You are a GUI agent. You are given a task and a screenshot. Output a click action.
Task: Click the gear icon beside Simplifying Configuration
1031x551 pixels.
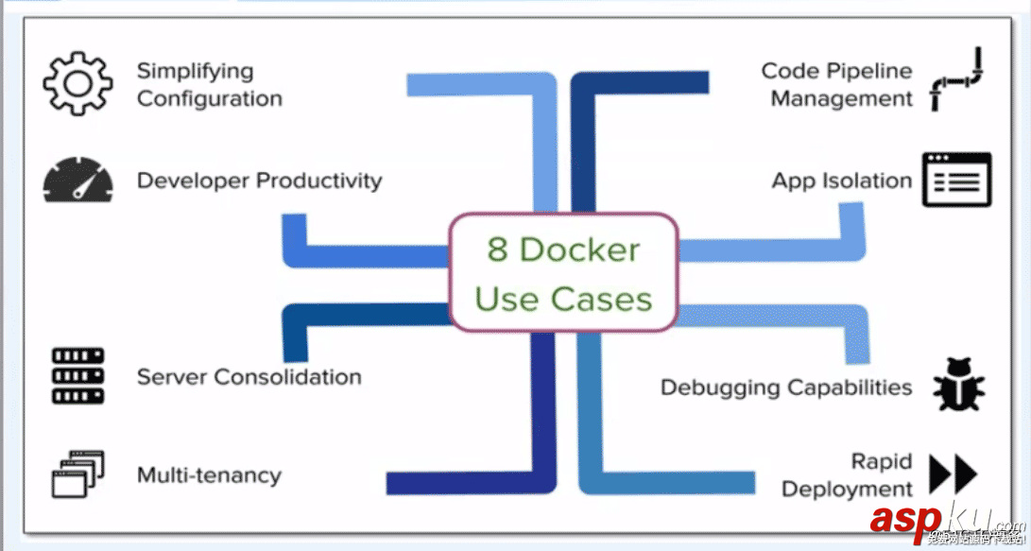click(x=77, y=84)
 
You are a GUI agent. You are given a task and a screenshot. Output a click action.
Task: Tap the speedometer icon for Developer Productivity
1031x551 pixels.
click(x=77, y=181)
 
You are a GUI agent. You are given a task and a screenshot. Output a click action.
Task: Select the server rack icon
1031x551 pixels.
click(x=77, y=376)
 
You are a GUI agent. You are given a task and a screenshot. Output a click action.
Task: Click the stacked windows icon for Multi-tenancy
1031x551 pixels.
click(x=77, y=474)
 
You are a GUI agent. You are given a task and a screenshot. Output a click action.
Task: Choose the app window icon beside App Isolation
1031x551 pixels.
click(x=956, y=180)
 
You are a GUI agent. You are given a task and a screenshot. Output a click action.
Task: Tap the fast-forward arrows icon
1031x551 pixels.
click(x=953, y=474)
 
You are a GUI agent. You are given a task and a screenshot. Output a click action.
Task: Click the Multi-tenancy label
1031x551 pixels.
click(x=209, y=474)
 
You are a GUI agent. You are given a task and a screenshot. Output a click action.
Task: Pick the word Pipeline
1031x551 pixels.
click(x=865, y=71)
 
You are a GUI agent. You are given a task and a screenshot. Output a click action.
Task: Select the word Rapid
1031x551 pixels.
click(x=882, y=461)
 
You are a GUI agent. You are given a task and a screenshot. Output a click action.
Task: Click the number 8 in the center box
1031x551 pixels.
click(x=498, y=250)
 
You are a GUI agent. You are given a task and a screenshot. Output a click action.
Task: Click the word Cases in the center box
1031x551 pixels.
click(x=602, y=300)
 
